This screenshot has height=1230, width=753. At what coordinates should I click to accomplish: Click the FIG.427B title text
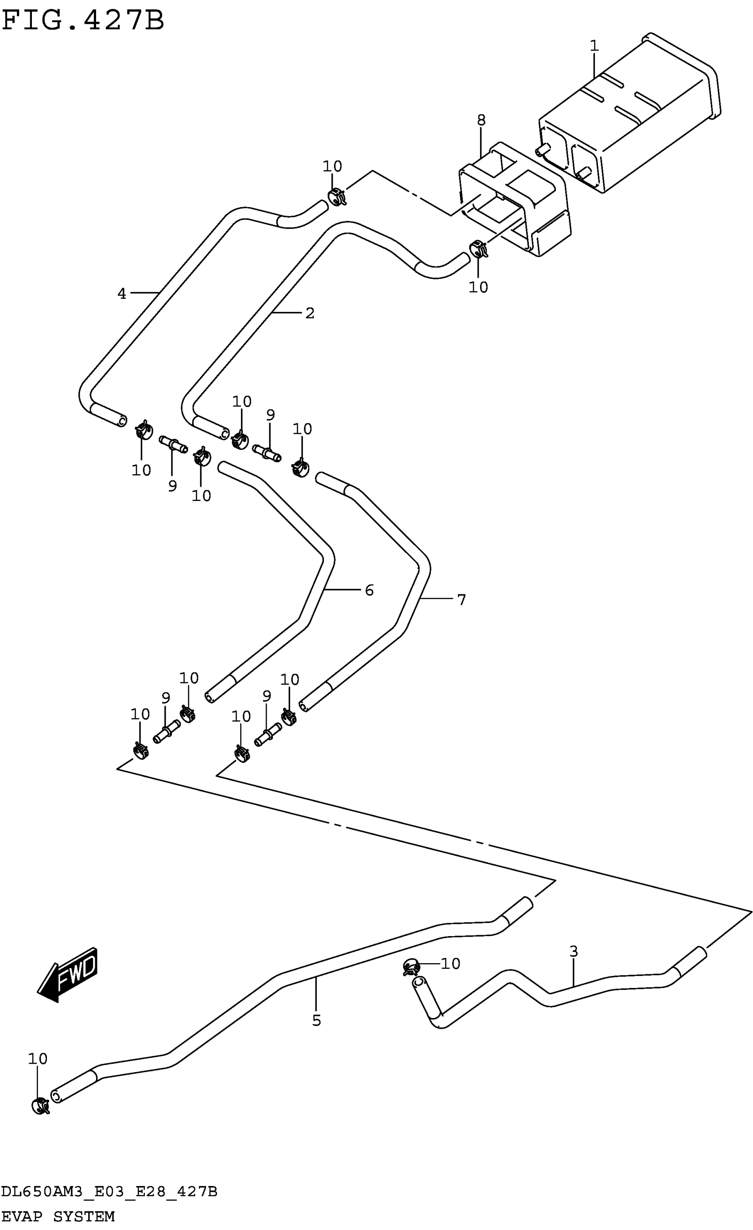click(83, 20)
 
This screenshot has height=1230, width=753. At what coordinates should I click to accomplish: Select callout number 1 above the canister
click(594, 46)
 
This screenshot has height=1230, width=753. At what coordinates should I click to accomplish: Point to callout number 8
click(481, 120)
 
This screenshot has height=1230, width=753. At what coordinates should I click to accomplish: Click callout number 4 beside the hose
click(122, 293)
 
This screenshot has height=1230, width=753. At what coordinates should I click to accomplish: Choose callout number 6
click(369, 590)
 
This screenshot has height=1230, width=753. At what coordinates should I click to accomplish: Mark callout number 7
click(462, 600)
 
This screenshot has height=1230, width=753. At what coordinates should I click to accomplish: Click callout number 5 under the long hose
click(316, 1020)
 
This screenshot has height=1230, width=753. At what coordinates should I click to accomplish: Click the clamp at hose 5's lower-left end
click(39, 1106)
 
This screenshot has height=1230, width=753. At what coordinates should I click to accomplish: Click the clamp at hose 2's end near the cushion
click(478, 248)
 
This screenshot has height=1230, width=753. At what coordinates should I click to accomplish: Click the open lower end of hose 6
click(210, 697)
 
